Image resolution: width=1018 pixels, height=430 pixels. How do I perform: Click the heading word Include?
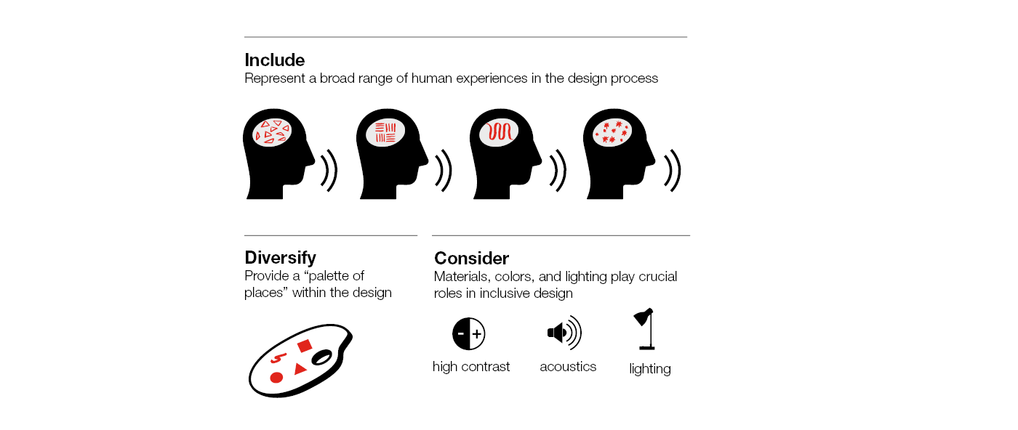click(275, 60)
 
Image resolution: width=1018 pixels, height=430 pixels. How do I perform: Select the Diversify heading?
click(280, 257)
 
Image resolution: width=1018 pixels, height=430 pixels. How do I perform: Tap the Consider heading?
click(471, 258)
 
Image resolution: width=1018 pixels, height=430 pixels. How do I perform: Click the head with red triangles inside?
click(277, 154)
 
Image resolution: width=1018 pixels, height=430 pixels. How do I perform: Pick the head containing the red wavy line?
click(505, 154)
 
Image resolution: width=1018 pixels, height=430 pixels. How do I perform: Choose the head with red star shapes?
click(618, 154)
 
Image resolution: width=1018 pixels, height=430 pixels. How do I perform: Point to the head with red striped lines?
click(391, 154)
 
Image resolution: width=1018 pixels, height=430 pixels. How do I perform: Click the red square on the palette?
click(304, 346)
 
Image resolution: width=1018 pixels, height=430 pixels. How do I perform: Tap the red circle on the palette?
click(276, 377)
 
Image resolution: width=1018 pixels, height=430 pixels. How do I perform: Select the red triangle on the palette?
click(300, 369)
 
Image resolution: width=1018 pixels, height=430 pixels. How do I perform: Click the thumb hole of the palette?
click(321, 358)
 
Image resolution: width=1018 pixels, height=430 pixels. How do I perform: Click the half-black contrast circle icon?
click(468, 333)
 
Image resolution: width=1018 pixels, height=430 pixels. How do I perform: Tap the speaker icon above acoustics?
click(564, 333)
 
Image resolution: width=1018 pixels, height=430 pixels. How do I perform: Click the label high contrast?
click(471, 366)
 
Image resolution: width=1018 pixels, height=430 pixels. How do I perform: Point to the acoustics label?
click(568, 366)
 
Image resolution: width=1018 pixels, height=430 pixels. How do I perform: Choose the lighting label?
click(650, 369)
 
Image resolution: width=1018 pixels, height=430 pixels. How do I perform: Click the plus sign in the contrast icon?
click(477, 334)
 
